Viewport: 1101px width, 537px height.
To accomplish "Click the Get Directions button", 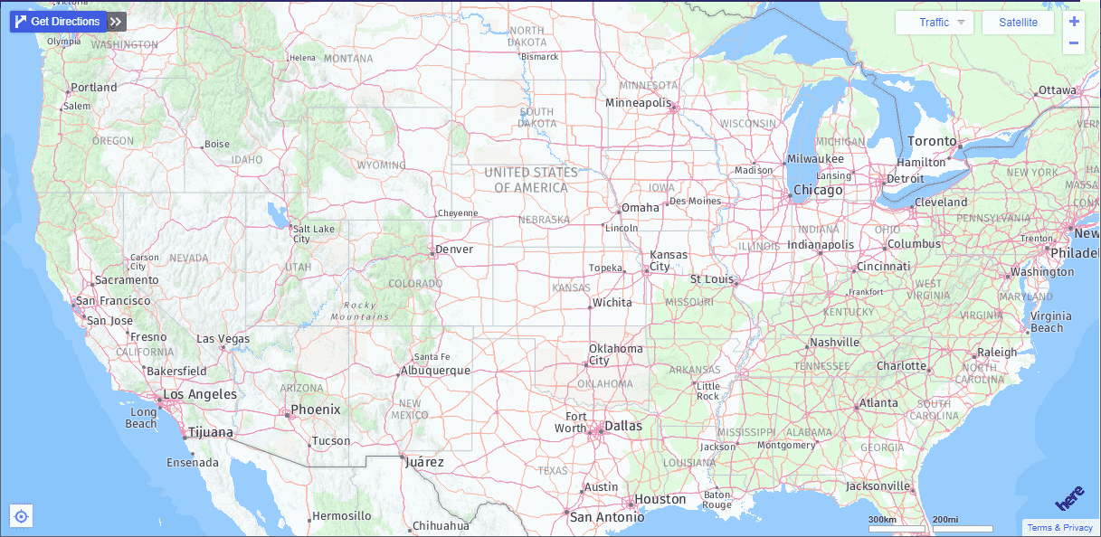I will pos(58,22).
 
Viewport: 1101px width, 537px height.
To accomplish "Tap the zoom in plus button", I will pos(1074,22).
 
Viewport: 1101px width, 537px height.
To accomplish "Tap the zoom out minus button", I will pos(1074,43).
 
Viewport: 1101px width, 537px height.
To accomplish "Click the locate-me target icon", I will pos(22,516).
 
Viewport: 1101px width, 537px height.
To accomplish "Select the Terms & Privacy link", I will pos(1059,528).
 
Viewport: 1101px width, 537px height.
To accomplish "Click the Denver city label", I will pos(454,250).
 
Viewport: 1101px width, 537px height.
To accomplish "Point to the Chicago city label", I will pos(818,191).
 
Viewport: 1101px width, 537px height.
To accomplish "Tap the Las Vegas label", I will pos(223,339).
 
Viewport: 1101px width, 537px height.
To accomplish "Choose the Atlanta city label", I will pos(878,403).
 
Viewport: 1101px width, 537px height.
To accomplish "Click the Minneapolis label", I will pos(639,103).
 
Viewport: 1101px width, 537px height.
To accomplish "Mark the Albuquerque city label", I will pos(435,371).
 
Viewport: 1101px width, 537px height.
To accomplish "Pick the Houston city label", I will pos(660,499).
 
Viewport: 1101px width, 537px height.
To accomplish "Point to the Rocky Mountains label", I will pos(360,311).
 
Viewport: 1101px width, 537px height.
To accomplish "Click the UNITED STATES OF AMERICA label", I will pos(531,180).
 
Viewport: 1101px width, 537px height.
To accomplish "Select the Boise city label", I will pos(217,144).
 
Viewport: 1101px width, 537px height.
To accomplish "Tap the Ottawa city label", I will pos(1058,90).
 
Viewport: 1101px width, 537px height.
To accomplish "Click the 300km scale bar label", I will pos(882,520).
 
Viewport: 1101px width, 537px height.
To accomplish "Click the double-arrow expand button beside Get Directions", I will pos(116,22).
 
